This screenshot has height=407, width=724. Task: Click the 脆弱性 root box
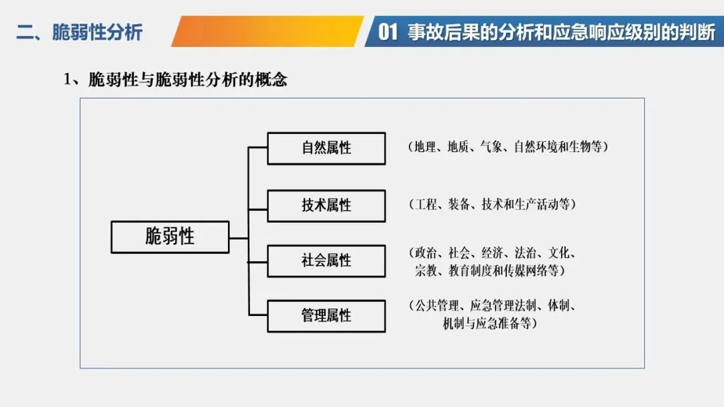170,237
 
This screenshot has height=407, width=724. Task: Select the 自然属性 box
326,149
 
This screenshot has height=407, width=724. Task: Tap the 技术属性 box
326,206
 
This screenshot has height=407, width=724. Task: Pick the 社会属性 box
326,260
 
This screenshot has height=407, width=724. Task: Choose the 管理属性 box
326,316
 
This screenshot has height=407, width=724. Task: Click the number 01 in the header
389,32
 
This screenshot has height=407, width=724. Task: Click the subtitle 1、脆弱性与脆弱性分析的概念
176,80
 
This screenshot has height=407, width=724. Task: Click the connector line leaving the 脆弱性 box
239,238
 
